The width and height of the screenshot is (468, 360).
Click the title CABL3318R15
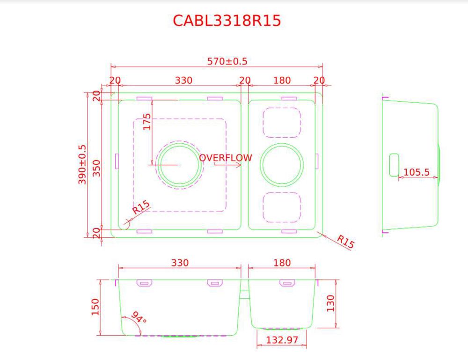[227, 21]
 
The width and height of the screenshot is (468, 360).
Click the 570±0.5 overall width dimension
[227, 61]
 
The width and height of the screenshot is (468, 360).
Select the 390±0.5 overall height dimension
[83, 164]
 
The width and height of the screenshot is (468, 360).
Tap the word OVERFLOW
[225, 158]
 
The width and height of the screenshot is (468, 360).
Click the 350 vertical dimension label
[97, 167]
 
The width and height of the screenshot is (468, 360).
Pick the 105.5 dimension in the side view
[416, 172]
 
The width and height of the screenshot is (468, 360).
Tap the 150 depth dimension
[95, 307]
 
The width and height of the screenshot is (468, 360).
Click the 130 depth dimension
[331, 303]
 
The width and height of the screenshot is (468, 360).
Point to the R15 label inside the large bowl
[140, 207]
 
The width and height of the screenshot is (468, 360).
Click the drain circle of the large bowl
[179, 164]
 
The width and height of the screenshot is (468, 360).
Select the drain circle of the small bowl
[282, 164]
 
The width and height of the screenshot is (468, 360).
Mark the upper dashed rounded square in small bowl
[282, 122]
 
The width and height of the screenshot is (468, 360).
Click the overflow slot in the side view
[394, 165]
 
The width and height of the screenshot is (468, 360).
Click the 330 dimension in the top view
[184, 80]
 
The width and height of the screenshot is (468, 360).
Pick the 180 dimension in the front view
[282, 263]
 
